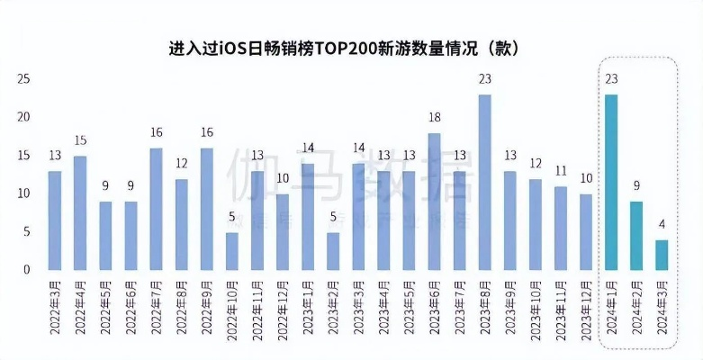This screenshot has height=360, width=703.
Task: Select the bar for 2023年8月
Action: [485, 182]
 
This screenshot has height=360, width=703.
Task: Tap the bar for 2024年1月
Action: [611, 182]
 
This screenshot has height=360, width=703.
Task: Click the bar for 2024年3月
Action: [662, 255]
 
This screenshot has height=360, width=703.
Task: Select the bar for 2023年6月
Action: [434, 202]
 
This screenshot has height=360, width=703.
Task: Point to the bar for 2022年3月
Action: [55, 220]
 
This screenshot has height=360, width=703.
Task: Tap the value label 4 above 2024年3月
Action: [662, 224]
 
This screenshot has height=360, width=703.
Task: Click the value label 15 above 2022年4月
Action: [80, 139]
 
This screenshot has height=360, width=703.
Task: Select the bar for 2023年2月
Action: [333, 251]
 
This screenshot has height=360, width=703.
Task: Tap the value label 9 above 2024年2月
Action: [636, 185]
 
